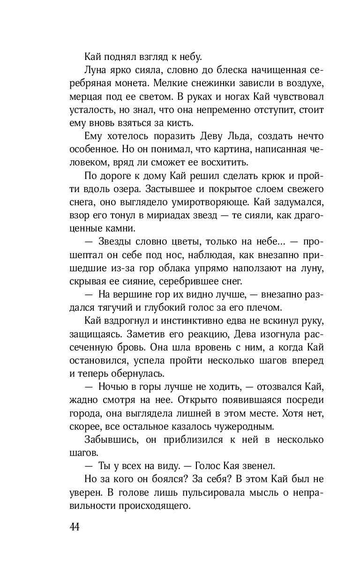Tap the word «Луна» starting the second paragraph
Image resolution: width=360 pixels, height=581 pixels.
tap(96, 72)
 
